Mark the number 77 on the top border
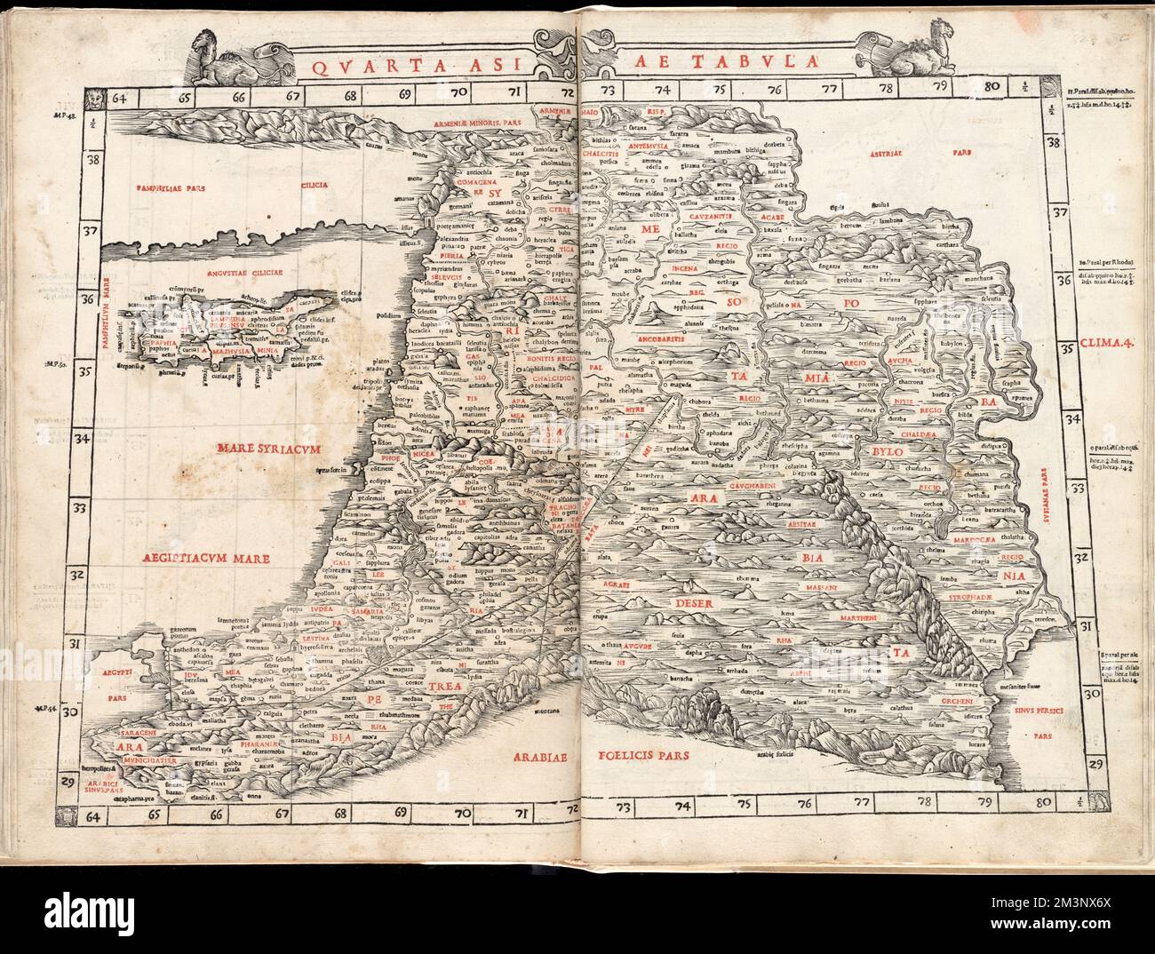pyautogui.click(x=829, y=88)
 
